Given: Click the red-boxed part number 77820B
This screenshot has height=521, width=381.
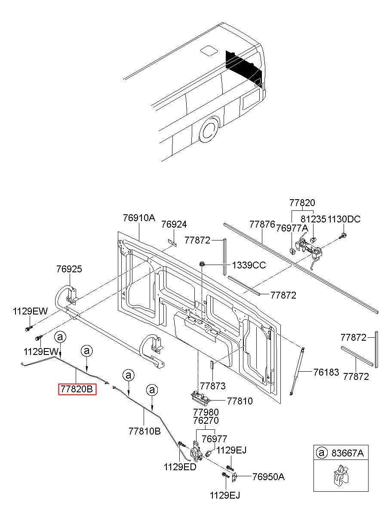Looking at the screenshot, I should [x=77, y=389].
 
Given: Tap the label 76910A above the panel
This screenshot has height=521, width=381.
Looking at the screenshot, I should [x=139, y=218].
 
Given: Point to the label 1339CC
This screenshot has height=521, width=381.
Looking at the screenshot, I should [x=249, y=265].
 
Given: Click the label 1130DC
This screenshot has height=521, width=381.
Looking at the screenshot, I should [x=344, y=219].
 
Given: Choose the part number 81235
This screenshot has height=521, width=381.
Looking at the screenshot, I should [x=313, y=219].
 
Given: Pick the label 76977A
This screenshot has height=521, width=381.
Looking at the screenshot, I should [x=292, y=228].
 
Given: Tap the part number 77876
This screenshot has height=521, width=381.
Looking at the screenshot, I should [x=262, y=224].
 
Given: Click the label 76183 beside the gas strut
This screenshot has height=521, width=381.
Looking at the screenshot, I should [x=326, y=372].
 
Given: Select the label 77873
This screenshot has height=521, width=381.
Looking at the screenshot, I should [x=212, y=386].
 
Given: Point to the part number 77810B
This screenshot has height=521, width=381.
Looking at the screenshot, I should [x=144, y=430].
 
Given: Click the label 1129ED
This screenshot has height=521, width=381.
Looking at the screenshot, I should [x=180, y=467].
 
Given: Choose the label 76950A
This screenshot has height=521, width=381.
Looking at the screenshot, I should [x=268, y=477].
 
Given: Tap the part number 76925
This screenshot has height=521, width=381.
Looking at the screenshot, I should [x=69, y=269].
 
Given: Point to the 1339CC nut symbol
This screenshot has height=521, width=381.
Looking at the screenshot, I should [x=201, y=263].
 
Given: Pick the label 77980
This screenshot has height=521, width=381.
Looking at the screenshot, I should [x=206, y=412].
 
